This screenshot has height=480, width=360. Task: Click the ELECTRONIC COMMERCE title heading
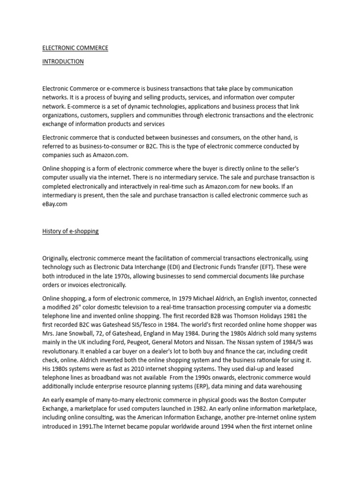tap(75, 48)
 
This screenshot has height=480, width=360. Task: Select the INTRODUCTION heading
tap(63, 61)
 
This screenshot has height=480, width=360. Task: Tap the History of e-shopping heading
tap(70, 232)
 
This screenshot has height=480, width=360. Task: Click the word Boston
tap(265, 400)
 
